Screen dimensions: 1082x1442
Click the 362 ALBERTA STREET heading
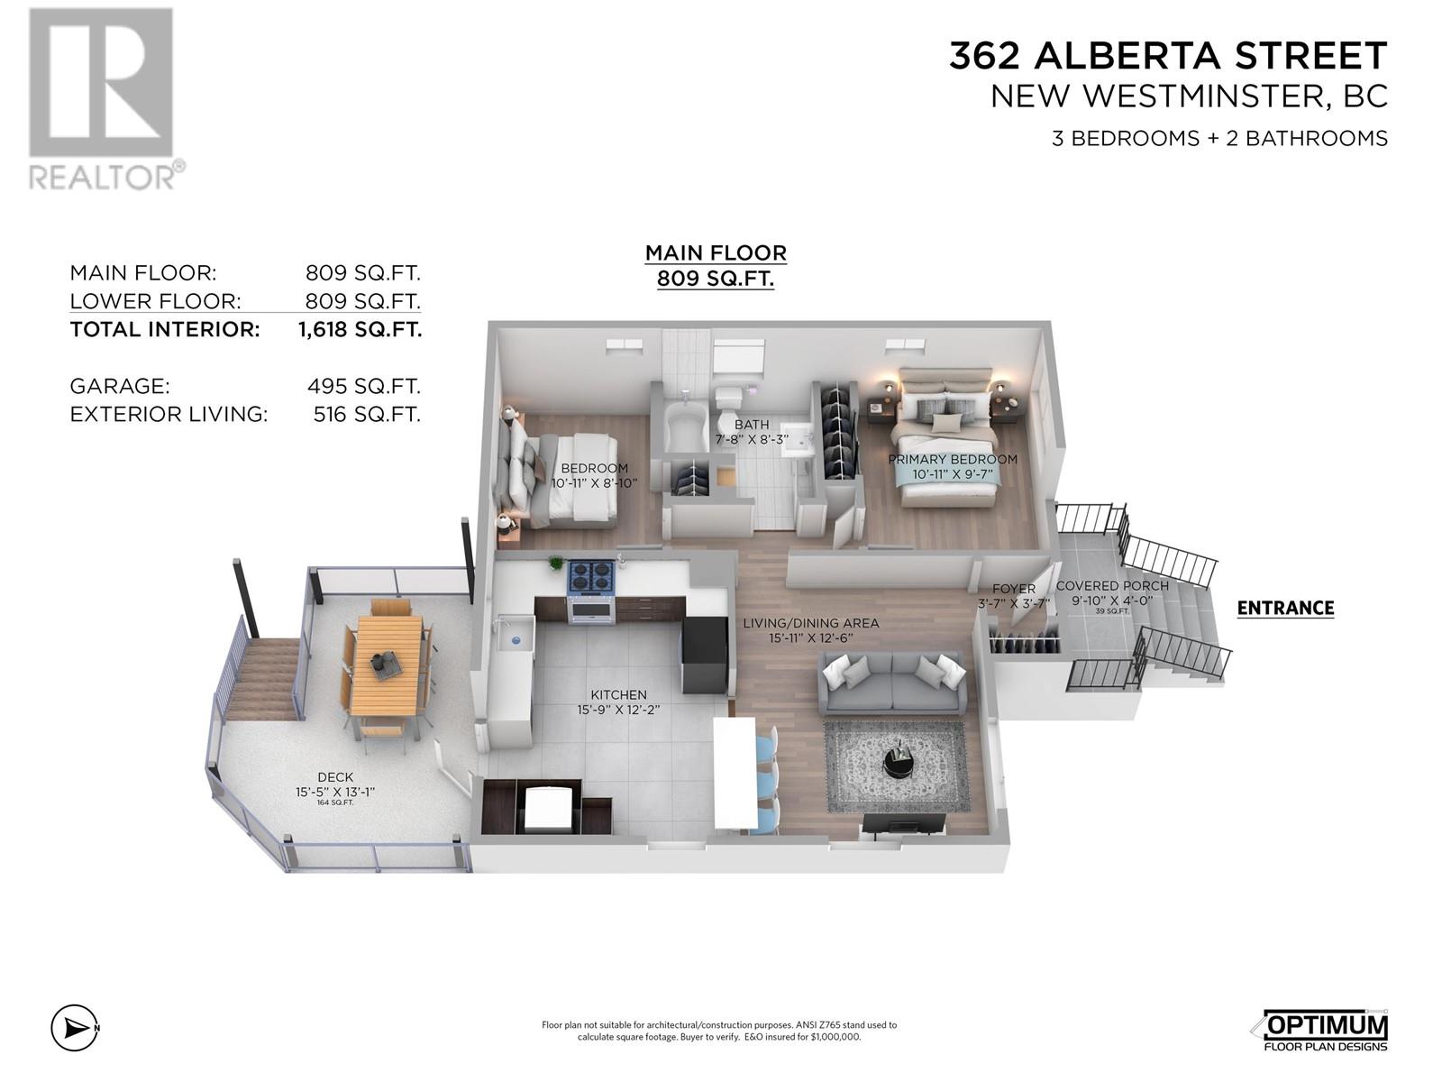click(1168, 57)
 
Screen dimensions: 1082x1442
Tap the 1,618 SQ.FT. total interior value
click(360, 329)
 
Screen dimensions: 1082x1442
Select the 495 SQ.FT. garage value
click(363, 386)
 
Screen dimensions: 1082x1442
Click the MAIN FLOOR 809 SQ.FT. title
click(716, 265)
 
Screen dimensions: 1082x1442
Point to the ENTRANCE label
click(1285, 608)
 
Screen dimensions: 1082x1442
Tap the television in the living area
click(904, 822)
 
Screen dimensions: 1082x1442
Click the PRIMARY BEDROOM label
click(952, 459)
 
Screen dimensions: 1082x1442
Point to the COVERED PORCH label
click(1111, 585)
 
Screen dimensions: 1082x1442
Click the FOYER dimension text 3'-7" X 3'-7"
click(1014, 603)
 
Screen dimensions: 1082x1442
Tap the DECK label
click(334, 776)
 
